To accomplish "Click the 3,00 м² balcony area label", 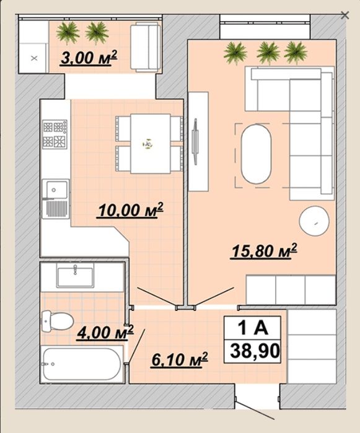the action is tap(89, 58).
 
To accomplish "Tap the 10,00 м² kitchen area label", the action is tap(130, 210).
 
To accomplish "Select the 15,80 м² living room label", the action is tap(264, 251).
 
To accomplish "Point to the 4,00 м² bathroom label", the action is tap(105, 332).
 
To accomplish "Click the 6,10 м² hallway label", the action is tap(180, 359).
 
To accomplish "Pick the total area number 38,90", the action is tap(255, 351).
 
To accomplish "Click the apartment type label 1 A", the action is tap(253, 328).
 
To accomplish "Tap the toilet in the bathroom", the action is tap(57, 321).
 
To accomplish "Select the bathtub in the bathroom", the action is tap(82, 364).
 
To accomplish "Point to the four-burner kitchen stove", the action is tap(55, 134).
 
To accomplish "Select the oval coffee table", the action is tap(256, 154).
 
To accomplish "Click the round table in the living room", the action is tap(314, 221).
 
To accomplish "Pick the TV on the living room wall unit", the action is tap(196, 142).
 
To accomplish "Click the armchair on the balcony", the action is tap(146, 48).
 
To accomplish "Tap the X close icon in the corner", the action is tap(345, 15).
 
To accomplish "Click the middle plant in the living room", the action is tap(268, 53).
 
